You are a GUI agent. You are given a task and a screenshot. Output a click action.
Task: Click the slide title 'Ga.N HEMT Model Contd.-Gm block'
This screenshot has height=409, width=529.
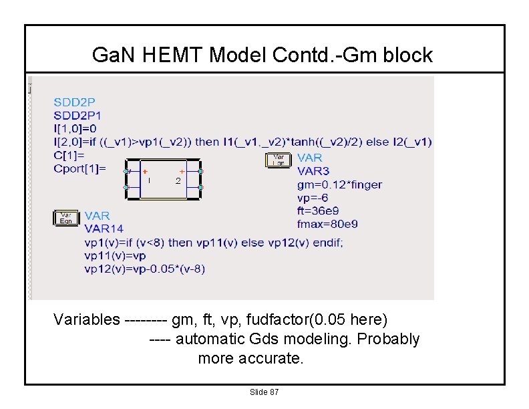(262, 55)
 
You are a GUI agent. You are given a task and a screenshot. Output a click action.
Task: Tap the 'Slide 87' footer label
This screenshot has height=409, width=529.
(264, 392)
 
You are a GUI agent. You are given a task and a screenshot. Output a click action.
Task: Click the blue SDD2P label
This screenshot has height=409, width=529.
(74, 103)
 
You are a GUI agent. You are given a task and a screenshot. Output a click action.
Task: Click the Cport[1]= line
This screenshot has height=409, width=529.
(79, 168)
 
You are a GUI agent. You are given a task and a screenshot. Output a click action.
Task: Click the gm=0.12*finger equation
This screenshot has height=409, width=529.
(339, 184)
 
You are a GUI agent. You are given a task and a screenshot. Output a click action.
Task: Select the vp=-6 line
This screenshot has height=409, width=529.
(313, 198)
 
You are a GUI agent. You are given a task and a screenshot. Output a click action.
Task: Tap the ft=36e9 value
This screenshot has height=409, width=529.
(319, 211)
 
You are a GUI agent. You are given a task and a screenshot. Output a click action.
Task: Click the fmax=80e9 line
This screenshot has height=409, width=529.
(327, 224)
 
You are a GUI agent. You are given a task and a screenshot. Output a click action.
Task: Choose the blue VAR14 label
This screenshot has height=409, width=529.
(104, 229)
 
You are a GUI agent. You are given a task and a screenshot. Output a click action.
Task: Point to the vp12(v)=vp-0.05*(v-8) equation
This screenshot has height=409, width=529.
(145, 269)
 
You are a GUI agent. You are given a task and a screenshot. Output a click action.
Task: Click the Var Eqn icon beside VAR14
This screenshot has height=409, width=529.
(65, 218)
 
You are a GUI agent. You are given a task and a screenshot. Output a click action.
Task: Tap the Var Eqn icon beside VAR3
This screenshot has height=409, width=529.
(279, 160)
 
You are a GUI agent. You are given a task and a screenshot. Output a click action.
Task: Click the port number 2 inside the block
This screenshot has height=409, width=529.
(178, 180)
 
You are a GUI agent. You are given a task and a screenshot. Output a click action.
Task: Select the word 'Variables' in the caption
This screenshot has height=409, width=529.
(87, 319)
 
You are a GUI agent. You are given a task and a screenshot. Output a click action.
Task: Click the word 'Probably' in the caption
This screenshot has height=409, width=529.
(388, 339)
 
